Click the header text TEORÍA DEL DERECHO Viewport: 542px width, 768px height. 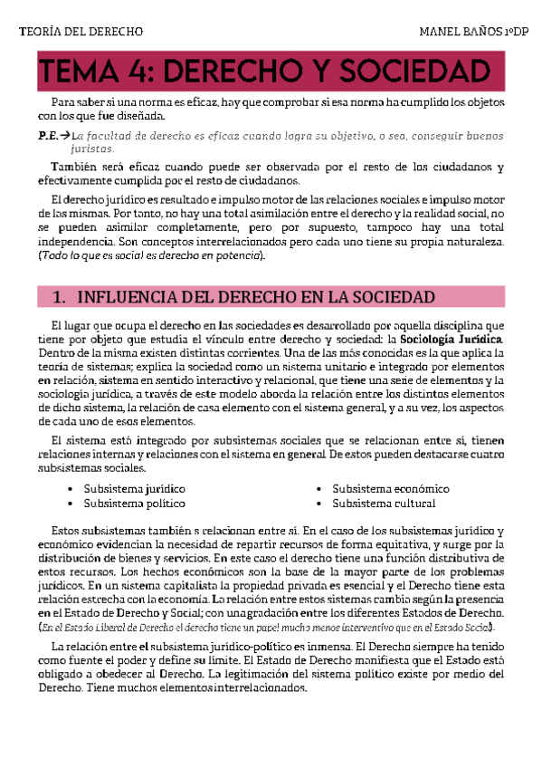(81, 34)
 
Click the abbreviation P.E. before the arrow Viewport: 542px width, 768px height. (49, 135)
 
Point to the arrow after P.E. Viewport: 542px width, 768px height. (66, 135)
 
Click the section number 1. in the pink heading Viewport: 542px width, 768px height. (58, 298)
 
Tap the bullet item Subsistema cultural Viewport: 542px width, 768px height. (384, 503)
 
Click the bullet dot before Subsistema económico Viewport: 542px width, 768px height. (320, 489)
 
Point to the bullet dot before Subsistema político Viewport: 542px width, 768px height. (71, 504)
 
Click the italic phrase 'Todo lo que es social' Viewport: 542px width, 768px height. (94, 256)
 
